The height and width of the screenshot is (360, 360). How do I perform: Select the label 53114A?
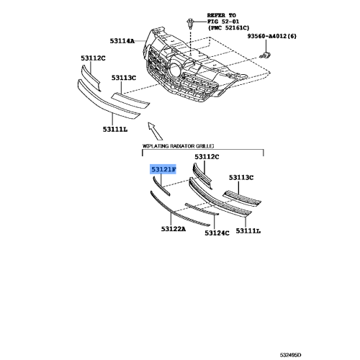click(x=121, y=41)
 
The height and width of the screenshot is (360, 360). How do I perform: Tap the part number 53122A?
click(x=173, y=228)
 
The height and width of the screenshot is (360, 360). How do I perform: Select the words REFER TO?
click(x=222, y=14)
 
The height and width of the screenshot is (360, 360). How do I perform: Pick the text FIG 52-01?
click(x=224, y=21)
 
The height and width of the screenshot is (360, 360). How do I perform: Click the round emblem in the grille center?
click(x=176, y=71)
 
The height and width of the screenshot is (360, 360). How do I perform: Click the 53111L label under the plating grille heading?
click(x=248, y=231)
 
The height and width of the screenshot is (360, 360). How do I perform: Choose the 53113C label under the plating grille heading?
click(x=242, y=177)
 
